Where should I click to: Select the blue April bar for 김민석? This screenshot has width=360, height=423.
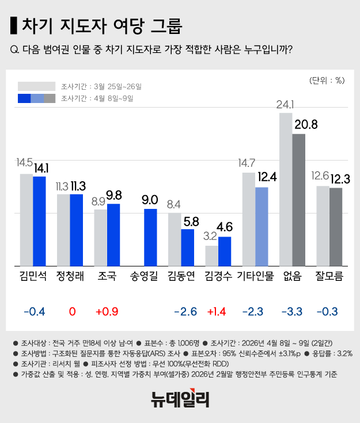point(39,221)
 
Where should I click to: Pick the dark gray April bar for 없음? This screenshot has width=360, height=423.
point(298,200)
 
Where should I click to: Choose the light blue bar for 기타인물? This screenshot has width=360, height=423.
point(262,226)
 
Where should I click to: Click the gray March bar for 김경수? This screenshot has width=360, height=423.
point(211,256)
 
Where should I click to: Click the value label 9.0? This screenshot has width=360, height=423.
point(150,200)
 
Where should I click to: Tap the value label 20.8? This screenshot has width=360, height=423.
point(305,124)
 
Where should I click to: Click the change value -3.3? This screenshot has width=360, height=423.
point(292,312)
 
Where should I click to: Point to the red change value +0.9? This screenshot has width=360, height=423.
point(107,312)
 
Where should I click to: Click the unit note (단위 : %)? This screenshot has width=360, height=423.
point(326,80)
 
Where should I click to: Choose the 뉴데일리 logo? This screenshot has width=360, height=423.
point(180,398)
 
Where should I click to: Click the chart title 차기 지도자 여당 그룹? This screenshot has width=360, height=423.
point(101,26)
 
